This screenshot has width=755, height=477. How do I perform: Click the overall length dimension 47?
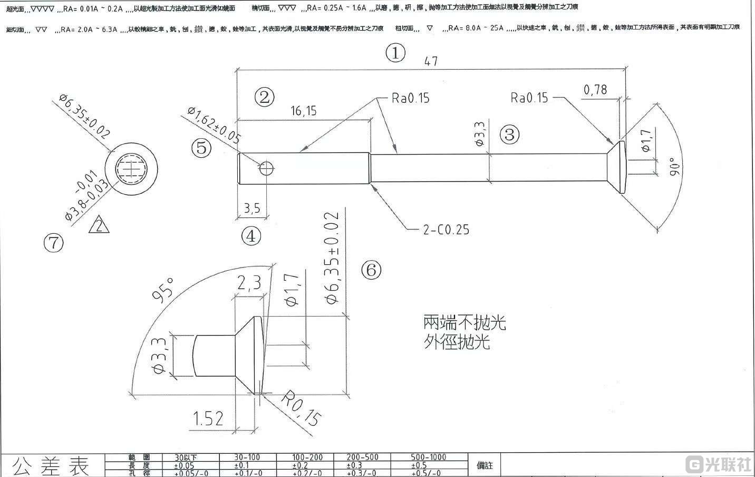(x=431, y=61)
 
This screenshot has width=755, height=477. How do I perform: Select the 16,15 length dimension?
(x=303, y=111)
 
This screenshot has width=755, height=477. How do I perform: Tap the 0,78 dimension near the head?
(x=595, y=90)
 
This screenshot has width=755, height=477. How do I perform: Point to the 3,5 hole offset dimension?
(x=252, y=208)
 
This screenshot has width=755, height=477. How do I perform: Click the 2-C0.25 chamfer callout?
(x=446, y=230)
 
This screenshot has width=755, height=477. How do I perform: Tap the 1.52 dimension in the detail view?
(x=208, y=419)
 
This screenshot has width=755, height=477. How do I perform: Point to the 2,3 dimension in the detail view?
(x=249, y=284)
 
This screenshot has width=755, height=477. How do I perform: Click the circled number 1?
(x=395, y=53)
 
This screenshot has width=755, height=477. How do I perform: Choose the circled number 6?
(x=371, y=270)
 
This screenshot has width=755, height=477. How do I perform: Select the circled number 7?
(x=53, y=243)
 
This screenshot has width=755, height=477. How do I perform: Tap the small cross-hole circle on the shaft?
(x=267, y=168)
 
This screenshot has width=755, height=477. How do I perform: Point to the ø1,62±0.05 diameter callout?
(x=214, y=125)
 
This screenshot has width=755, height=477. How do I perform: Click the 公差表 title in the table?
(x=51, y=465)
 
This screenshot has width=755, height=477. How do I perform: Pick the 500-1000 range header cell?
(x=428, y=457)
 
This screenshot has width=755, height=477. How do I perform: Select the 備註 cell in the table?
(x=485, y=465)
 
